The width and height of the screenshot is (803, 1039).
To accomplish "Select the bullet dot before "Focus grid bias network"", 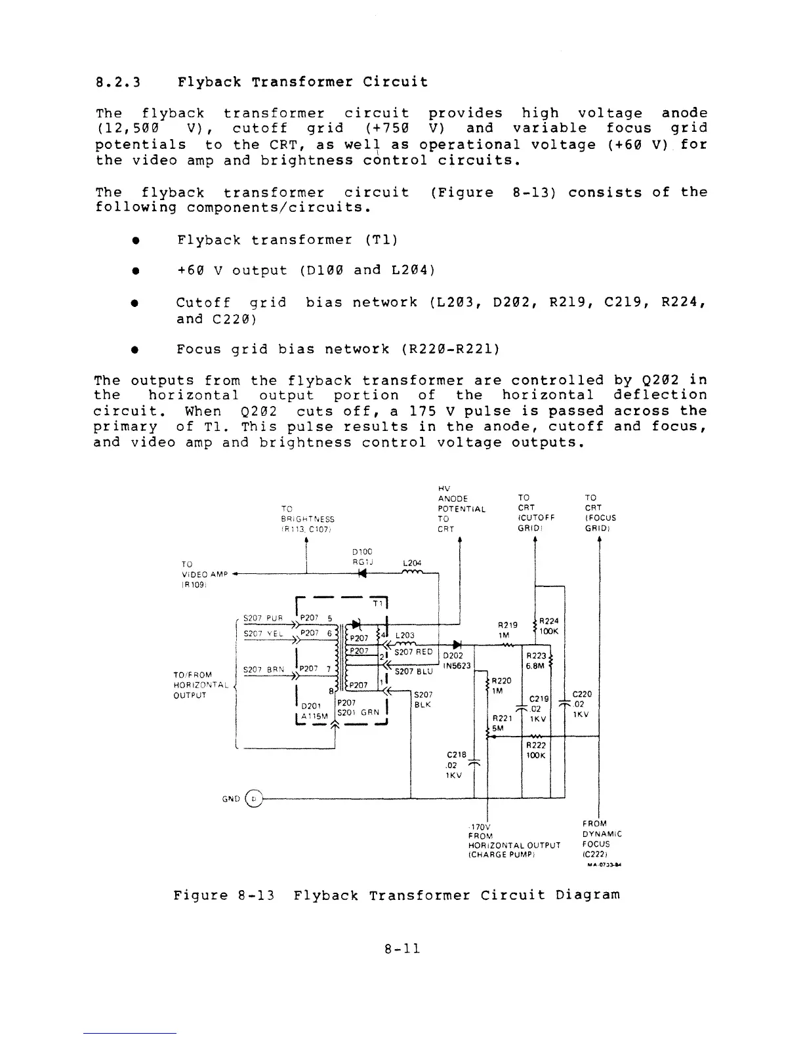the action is pyautogui.click(x=134, y=350).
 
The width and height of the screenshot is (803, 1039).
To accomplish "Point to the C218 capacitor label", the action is pyautogui.click(x=455, y=754).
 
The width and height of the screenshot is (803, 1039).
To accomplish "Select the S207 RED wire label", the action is pyautogui.click(x=413, y=652).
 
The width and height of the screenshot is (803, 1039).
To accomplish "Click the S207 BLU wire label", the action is pyautogui.click(x=413, y=671).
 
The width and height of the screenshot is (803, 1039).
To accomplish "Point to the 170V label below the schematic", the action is pyautogui.click(x=480, y=827).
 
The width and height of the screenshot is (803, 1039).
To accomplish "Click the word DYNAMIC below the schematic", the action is pyautogui.click(x=602, y=834).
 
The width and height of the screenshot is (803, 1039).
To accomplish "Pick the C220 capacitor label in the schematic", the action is pyautogui.click(x=582, y=693).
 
